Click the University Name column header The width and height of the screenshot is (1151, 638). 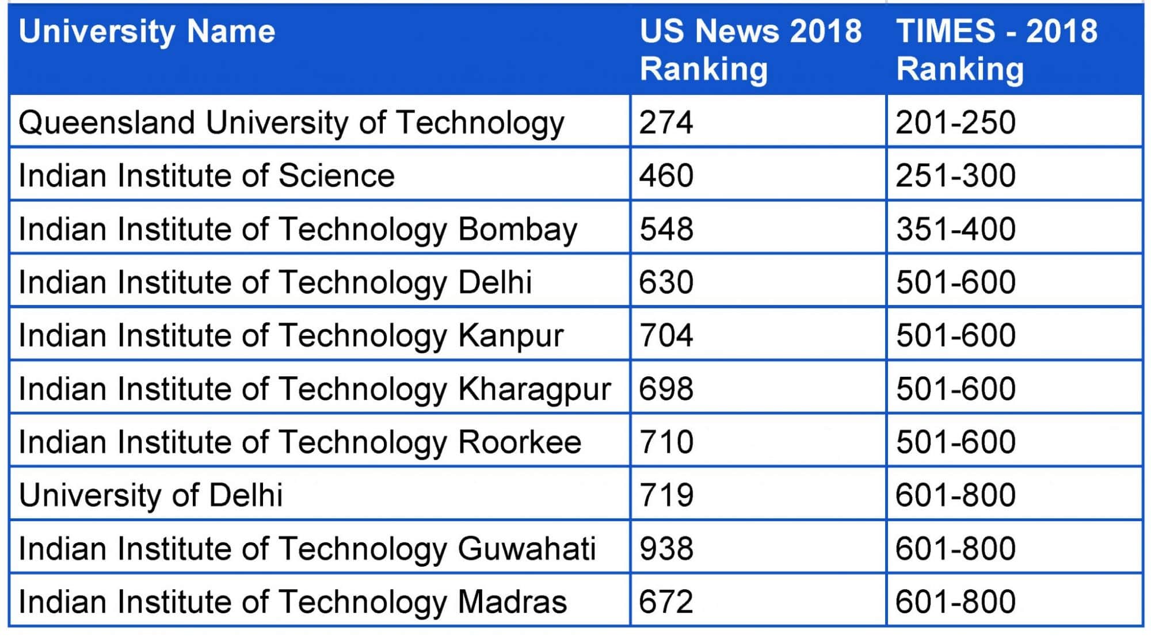coord(147,32)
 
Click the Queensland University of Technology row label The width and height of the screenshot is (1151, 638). coord(291,123)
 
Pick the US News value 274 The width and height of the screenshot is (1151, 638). coord(666,123)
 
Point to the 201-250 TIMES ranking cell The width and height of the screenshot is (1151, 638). coord(955,123)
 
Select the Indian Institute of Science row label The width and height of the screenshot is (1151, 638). coord(207,175)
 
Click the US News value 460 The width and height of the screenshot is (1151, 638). coord(666,175)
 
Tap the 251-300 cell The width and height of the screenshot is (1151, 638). coord(955,175)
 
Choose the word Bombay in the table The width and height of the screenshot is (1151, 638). coord(517,229)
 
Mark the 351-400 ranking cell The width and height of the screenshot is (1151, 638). coord(955,229)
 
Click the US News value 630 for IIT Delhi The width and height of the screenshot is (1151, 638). coord(666,282)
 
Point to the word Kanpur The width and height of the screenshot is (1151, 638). coord(510,336)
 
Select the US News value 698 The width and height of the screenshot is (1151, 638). coord(666,389)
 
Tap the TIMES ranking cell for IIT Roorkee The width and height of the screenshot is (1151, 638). coord(955,442)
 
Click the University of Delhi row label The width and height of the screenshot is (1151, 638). coord(151,495)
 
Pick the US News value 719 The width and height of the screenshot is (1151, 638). coord(666,495)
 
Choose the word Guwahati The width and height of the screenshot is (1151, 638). coord(526,549)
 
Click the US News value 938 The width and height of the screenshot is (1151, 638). coord(666,549)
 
